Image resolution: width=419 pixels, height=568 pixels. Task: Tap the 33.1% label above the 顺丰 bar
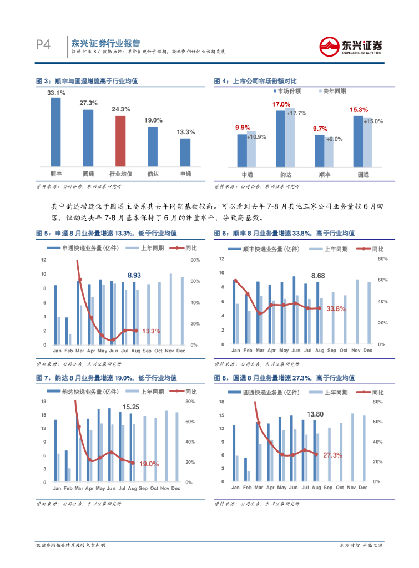point(56,93)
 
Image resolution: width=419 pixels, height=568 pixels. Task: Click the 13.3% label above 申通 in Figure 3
point(185,132)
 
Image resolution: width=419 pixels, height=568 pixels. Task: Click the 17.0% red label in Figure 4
point(281,104)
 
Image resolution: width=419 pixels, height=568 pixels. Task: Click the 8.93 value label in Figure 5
point(134,275)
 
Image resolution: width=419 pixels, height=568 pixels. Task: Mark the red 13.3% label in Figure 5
point(151,331)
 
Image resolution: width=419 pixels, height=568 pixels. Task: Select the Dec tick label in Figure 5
point(181,351)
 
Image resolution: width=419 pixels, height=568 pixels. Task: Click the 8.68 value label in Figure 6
point(318,276)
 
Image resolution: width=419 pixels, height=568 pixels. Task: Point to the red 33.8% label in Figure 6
point(336,308)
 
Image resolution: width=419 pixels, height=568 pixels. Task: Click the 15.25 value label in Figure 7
point(131,407)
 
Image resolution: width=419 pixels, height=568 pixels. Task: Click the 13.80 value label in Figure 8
point(315,414)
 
